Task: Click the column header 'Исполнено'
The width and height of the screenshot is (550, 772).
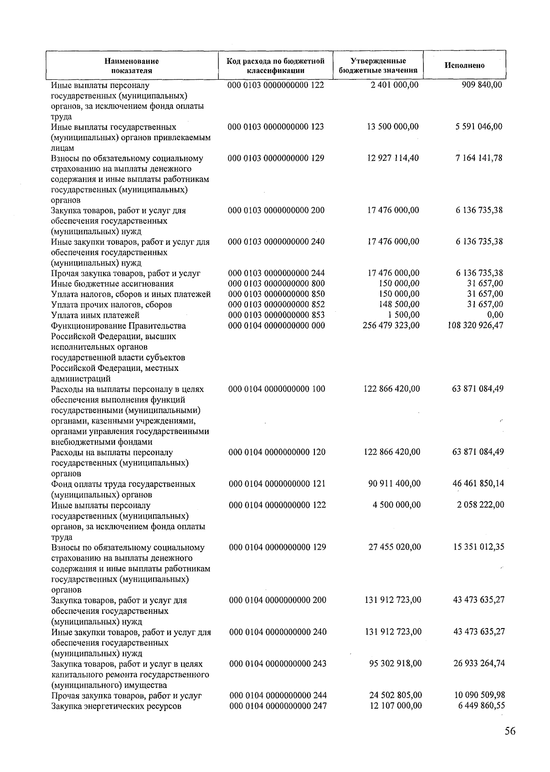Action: pyautogui.click(x=464, y=65)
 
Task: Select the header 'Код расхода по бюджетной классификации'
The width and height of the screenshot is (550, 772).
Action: pyautogui.click(x=275, y=66)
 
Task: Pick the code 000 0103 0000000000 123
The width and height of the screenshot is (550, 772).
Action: pyautogui.click(x=276, y=127)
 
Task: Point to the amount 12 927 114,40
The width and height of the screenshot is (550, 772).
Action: pyautogui.click(x=393, y=158)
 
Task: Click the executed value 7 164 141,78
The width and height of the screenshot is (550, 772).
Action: pyautogui.click(x=479, y=158)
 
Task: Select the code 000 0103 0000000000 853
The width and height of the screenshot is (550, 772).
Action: pyautogui.click(x=276, y=315)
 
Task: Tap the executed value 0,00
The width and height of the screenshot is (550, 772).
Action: pyautogui.click(x=495, y=315)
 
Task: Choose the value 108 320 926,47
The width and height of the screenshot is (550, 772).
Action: pyautogui.click(x=475, y=325)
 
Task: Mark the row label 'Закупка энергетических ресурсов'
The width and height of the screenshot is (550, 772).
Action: pyautogui.click(x=116, y=706)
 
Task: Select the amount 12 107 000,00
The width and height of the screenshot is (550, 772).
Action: pyautogui.click(x=396, y=706)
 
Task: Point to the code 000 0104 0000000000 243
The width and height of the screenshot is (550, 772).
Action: pyautogui.click(x=278, y=664)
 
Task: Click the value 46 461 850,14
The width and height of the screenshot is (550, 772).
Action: pyautogui.click(x=478, y=483)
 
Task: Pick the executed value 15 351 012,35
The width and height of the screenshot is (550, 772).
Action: pyautogui.click(x=478, y=547)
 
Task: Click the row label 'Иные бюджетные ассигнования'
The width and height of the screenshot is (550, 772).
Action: pyautogui.click(x=112, y=284)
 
